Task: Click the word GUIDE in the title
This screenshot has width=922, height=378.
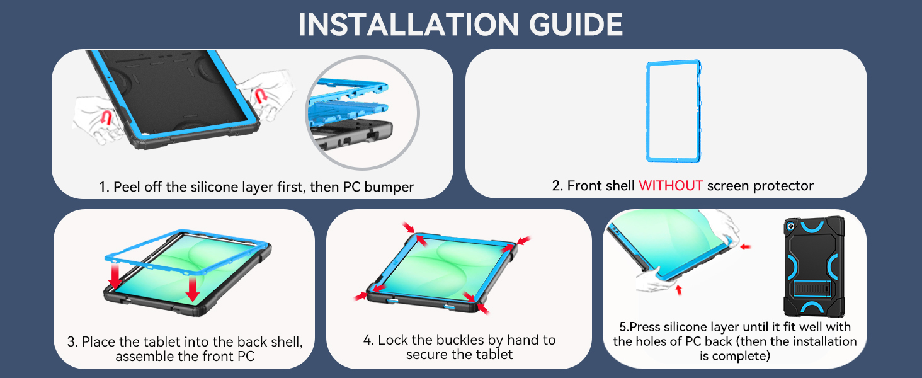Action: (576, 25)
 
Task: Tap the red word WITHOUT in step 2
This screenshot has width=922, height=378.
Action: (671, 186)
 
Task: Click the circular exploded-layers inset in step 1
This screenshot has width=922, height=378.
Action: (362, 112)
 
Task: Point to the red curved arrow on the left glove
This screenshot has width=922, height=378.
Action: (106, 118)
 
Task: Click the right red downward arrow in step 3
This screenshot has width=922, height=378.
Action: (192, 289)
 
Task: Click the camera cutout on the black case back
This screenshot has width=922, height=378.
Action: (790, 226)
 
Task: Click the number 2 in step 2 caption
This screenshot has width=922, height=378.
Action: (557, 186)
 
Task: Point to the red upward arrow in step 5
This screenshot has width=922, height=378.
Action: (679, 289)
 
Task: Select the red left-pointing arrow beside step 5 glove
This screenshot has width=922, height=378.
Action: (746, 247)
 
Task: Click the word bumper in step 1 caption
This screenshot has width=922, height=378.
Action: (389, 187)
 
